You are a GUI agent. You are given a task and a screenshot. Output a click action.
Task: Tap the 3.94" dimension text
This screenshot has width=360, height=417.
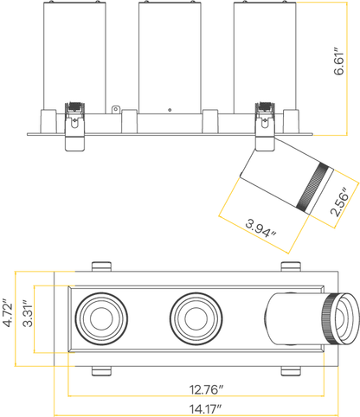coord(260,228)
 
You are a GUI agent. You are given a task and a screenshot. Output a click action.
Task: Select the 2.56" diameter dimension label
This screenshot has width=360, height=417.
coord(339,202)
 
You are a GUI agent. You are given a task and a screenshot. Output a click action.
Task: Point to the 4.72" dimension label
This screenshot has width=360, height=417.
coord(8,315)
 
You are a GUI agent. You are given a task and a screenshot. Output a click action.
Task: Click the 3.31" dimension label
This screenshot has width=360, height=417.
coord(28,314)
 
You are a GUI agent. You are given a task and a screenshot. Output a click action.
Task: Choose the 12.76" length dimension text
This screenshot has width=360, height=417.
coord(207,389)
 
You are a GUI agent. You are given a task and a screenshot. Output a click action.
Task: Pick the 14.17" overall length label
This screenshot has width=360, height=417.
coord(205,409)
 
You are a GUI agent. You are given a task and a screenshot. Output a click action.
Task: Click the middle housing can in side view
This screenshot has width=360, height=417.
coord(170,58)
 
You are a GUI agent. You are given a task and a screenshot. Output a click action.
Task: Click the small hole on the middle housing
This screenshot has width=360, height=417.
coord(170,110)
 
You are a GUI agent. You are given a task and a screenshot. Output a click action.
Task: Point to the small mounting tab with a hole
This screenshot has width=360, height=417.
coord(115,110)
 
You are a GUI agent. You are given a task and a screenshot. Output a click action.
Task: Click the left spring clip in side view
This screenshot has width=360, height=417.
coord(74,126)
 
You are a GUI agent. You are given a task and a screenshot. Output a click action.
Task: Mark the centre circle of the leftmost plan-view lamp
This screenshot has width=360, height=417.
coord(100,318)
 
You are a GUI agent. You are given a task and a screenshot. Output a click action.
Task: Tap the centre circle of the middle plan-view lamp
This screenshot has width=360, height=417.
coord(196,318)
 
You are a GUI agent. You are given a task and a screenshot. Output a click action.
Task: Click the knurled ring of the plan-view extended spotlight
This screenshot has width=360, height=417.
coord(330,319)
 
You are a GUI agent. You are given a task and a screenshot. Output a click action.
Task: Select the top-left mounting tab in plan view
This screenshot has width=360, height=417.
coord(101,266)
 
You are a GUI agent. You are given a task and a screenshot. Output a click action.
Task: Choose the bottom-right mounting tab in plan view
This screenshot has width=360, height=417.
coord(291,371)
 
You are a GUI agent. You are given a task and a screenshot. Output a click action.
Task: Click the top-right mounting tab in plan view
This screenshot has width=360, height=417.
coord(291,266)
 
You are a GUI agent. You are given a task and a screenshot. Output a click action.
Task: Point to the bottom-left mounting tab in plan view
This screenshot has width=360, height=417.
coord(101,371)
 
